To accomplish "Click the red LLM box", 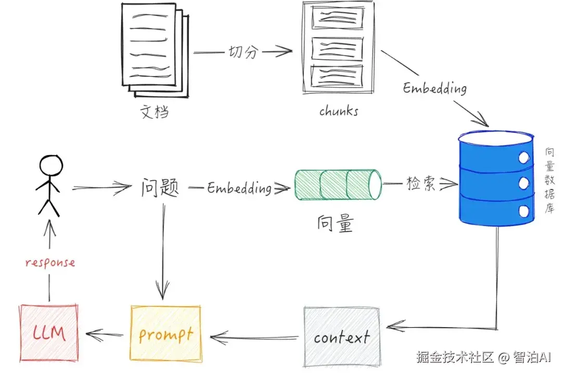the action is [49, 333].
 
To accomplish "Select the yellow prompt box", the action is [165, 334].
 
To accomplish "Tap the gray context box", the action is [341, 336].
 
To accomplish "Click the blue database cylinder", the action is [496, 178].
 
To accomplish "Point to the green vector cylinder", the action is [338, 184].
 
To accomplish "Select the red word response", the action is [50, 262].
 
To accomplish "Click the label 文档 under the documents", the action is [155, 111].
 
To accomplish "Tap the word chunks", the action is [339, 110].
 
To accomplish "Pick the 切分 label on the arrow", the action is [244, 52].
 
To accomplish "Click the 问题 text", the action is [160, 187].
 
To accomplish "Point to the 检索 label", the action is [421, 183].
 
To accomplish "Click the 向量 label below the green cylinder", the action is [336, 223].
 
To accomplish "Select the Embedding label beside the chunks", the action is [435, 88].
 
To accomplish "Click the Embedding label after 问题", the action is [239, 187].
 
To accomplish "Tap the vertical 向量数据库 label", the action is [550, 181].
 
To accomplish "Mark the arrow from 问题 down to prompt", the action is [163, 251].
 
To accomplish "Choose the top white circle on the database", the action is [524, 157].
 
